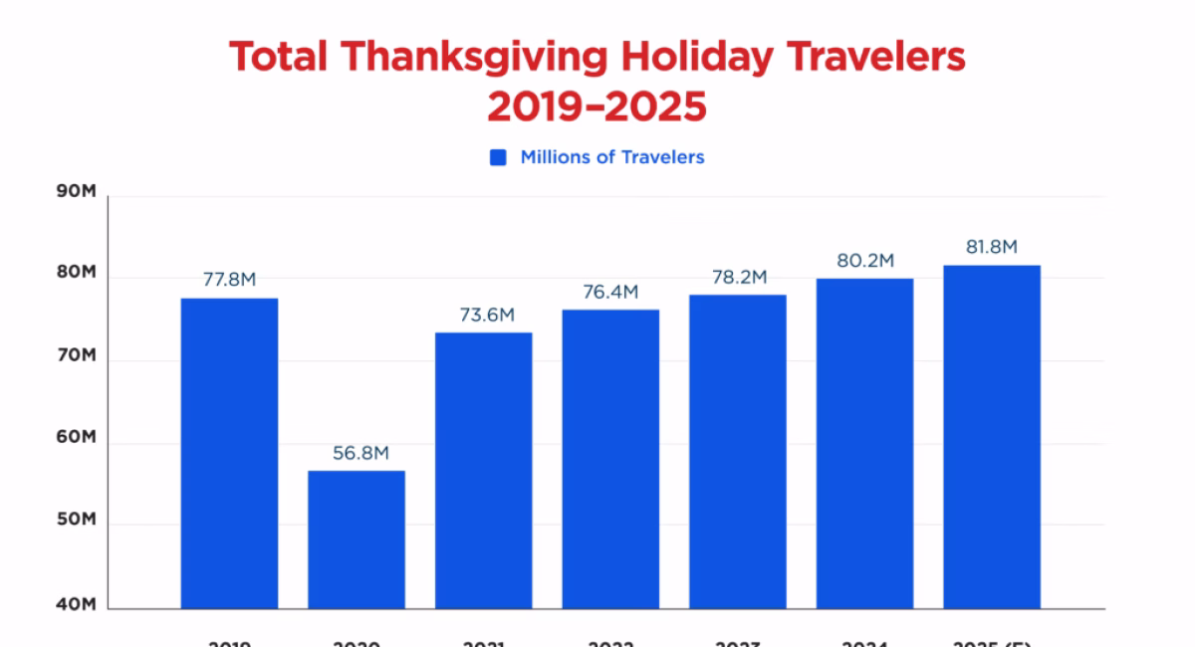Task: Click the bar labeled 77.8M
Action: click(229, 453)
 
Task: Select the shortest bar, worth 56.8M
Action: click(357, 539)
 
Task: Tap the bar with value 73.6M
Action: click(483, 470)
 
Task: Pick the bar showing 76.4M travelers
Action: click(610, 458)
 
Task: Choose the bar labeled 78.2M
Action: click(737, 451)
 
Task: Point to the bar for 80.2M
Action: click(864, 443)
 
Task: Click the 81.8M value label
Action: click(992, 247)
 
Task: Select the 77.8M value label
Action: click(229, 280)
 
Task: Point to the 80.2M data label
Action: click(864, 261)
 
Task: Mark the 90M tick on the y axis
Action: click(76, 192)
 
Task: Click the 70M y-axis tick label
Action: click(76, 356)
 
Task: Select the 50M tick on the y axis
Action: click(76, 521)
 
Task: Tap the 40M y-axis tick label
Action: click(76, 604)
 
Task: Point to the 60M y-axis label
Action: click(76, 438)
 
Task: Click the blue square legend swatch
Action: click(499, 157)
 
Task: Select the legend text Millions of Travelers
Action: click(611, 157)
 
